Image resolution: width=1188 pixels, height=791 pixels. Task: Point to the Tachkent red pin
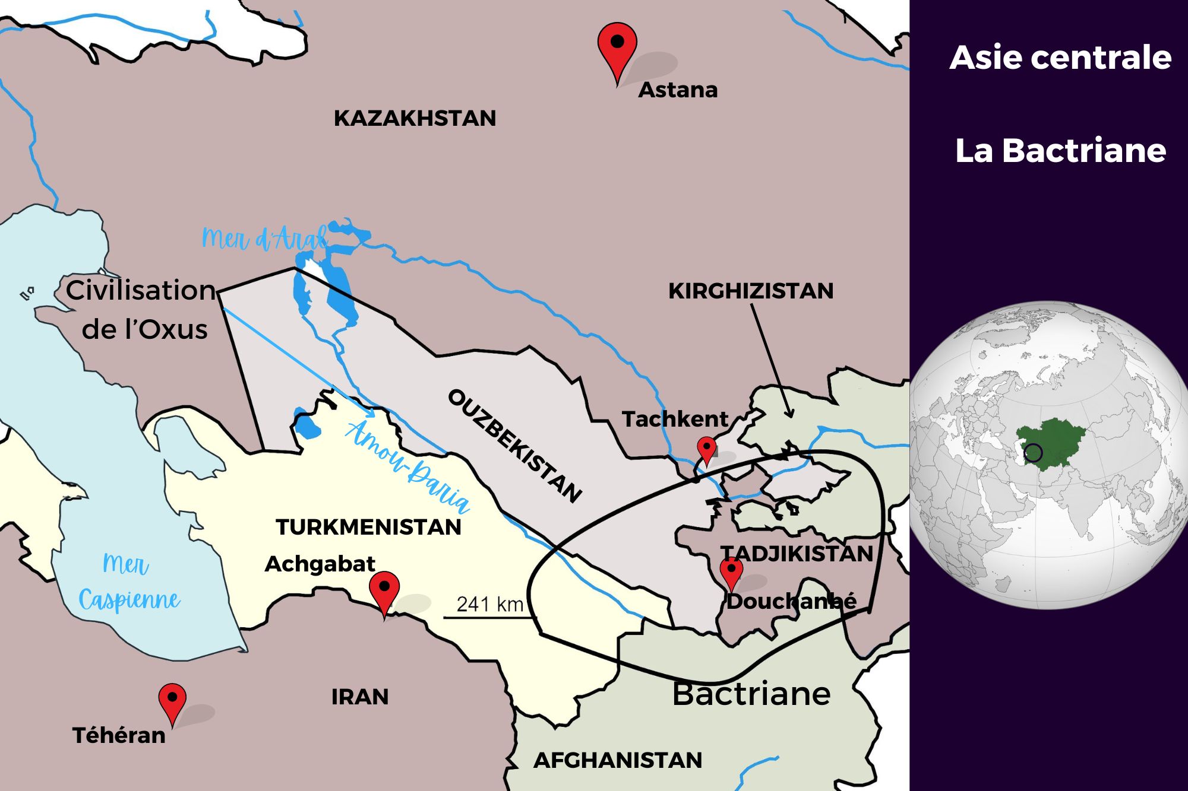point(706,447)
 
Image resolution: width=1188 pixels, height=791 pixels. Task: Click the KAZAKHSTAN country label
point(415,118)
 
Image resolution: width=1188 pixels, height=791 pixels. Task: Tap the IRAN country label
point(360,697)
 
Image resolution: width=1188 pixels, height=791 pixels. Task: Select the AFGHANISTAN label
point(618,760)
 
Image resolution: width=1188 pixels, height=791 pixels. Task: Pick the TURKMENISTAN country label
point(368,527)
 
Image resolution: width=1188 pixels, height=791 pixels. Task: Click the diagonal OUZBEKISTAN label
point(514,446)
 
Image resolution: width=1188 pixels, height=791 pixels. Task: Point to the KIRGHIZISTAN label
point(751,291)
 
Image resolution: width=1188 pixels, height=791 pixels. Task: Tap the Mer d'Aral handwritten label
point(264,239)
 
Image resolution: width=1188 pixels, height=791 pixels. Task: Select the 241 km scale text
point(489,604)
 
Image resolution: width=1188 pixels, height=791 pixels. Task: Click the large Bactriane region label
point(751,694)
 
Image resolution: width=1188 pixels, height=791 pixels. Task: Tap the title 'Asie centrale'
point(1060,58)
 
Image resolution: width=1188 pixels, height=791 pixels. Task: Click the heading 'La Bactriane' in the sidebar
point(1060,151)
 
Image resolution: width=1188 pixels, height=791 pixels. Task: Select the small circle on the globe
point(1034,453)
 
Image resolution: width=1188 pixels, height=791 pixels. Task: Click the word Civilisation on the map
point(141,290)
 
